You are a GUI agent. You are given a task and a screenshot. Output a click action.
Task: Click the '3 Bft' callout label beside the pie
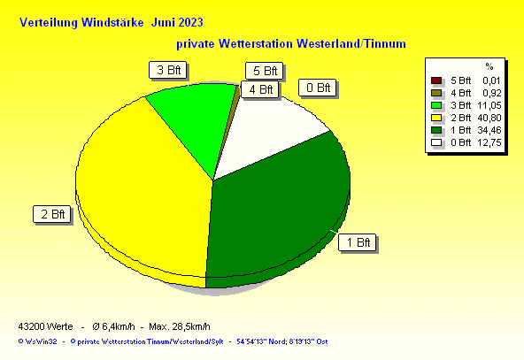(168, 70)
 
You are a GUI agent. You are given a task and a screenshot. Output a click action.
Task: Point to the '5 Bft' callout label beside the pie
(264, 71)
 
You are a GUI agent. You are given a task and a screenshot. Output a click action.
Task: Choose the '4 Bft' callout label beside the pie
(259, 89)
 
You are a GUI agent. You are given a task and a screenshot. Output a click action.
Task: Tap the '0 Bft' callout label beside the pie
(317, 88)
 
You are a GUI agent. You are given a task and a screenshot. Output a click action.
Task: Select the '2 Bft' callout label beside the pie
(52, 214)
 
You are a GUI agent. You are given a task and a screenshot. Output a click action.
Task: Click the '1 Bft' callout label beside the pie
(357, 242)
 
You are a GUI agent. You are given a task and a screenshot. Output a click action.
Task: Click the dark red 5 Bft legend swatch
(436, 80)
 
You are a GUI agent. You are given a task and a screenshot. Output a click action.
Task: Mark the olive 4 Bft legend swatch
(436, 93)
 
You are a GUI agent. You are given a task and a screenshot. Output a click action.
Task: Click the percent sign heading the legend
(489, 66)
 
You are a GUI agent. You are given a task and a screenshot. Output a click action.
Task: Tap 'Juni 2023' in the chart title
(177, 23)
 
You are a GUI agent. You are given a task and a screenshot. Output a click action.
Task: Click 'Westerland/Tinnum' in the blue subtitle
(351, 43)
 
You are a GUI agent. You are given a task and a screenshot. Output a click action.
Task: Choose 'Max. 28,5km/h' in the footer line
(180, 326)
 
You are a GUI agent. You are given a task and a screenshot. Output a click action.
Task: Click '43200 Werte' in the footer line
(45, 326)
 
